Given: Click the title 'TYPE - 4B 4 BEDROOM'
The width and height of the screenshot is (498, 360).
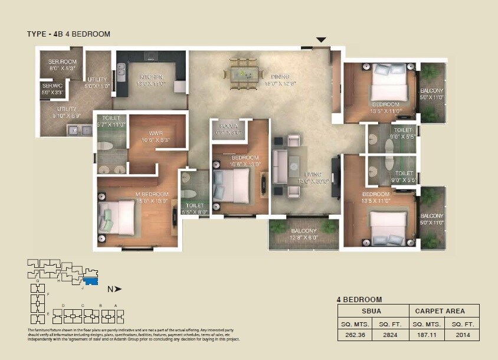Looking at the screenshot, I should [x=68, y=34].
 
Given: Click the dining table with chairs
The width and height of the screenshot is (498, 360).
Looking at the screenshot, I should [x=243, y=74].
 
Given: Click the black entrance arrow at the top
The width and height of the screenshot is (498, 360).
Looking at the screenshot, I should [x=320, y=40].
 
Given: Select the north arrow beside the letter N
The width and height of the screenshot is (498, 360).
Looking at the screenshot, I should [x=118, y=289].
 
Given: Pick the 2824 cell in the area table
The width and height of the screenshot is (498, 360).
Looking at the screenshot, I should [x=390, y=335].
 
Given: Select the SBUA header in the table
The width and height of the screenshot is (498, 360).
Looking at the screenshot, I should [x=373, y=311].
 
